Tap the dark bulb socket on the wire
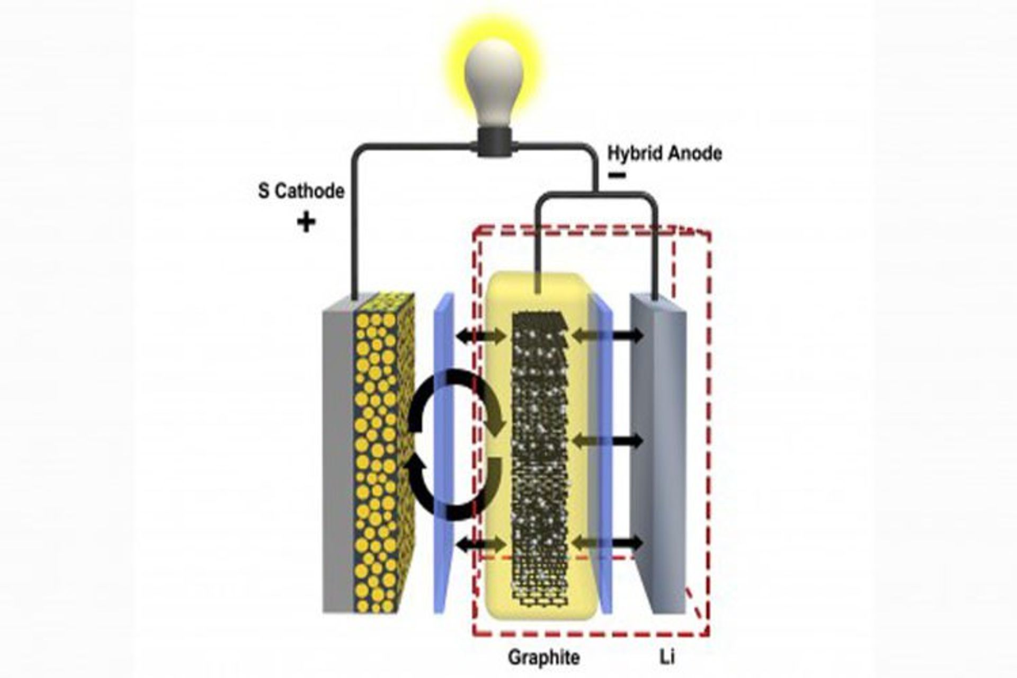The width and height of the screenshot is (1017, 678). coord(494,141)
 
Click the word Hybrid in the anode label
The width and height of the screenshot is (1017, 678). coord(634,154)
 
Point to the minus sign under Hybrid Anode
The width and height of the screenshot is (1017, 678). coord(617,175)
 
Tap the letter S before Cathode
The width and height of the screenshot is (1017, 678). coord(263,191)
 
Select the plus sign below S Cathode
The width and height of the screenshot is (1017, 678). coord(306,222)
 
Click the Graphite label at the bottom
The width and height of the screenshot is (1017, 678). coord(543,657)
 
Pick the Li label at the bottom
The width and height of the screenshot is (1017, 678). coord(666,657)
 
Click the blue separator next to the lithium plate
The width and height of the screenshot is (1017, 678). coord(602,456)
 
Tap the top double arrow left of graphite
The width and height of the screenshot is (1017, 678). coord(481,336)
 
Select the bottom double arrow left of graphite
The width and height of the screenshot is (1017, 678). coord(481,543)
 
